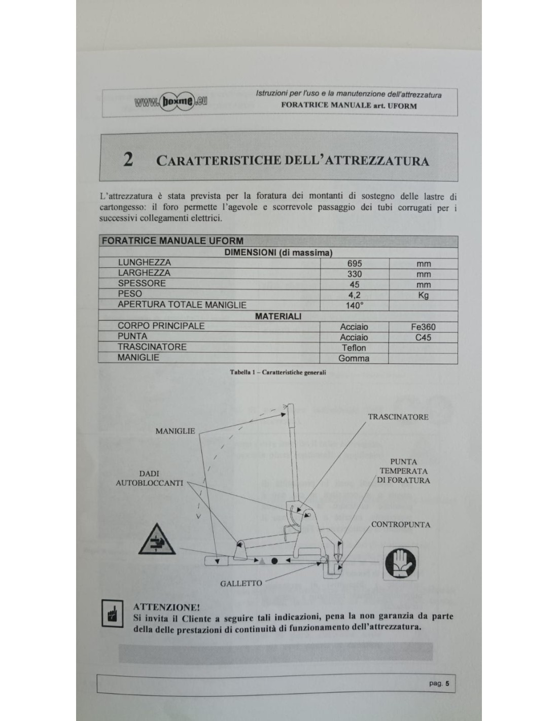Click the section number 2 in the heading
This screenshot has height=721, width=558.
pyautogui.click(x=128, y=160)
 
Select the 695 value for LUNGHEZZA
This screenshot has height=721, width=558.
pyautogui.click(x=355, y=264)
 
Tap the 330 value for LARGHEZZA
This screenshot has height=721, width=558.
pyautogui.click(x=355, y=274)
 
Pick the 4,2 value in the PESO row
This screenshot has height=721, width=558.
pyautogui.click(x=355, y=295)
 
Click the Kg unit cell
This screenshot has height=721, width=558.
pyautogui.click(x=423, y=295)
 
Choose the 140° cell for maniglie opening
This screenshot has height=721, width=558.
pyautogui.click(x=355, y=306)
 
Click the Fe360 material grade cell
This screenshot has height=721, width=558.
pyautogui.click(x=423, y=327)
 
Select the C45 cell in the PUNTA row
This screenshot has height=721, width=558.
pyautogui.click(x=423, y=337)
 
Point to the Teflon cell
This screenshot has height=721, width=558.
pyautogui.click(x=354, y=348)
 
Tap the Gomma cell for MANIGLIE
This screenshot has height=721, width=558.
pyautogui.click(x=354, y=358)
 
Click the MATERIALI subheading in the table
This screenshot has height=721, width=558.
pyautogui.click(x=278, y=316)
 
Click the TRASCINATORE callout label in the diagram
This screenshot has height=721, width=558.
pyautogui.click(x=398, y=417)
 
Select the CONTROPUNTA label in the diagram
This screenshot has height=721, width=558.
pyautogui.click(x=401, y=524)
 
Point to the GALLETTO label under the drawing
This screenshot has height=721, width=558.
pyautogui.click(x=241, y=583)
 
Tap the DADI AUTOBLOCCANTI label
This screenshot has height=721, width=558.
pyautogui.click(x=149, y=478)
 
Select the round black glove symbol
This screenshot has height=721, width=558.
pyautogui.click(x=400, y=564)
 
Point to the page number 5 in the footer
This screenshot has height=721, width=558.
pyautogui.click(x=447, y=683)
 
